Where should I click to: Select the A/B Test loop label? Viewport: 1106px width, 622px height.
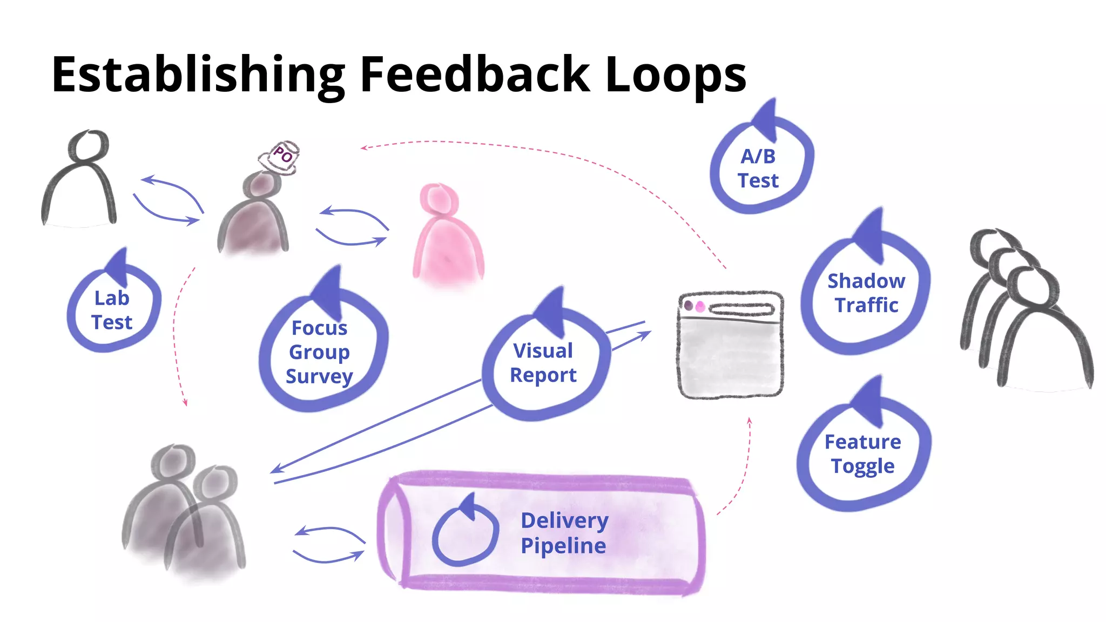pos(758,168)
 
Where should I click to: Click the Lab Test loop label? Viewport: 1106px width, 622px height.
pos(112,310)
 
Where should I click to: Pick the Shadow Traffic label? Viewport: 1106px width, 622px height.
pos(866,293)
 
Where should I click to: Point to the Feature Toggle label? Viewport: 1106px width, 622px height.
pos(862,454)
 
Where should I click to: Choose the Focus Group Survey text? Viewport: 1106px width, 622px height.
pos(319,351)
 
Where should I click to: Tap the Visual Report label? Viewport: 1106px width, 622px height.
pos(543,362)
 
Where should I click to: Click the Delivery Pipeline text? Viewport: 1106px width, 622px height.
pos(564,532)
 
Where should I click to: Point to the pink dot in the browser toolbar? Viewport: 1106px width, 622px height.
pos(700,307)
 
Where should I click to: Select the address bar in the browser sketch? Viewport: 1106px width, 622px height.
pos(741,309)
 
